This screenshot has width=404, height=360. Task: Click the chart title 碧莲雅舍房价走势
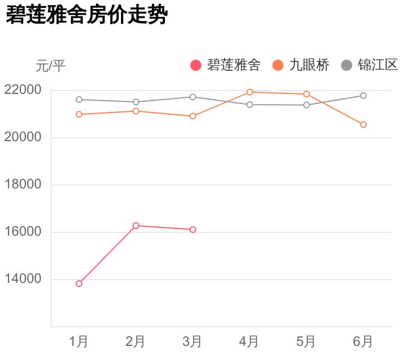[x=87, y=15]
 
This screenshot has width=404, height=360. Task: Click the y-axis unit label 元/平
[x=51, y=66]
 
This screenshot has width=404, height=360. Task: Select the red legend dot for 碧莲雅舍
[x=196, y=66]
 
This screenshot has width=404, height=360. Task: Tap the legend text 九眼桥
[x=309, y=65]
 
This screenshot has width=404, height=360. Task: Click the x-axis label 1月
[x=79, y=341]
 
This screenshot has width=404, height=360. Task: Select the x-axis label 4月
[x=249, y=341]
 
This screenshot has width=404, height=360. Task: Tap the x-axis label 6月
[x=363, y=341]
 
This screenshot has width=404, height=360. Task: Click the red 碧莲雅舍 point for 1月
[x=79, y=283]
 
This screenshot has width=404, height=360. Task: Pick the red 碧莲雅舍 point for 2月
[x=136, y=226]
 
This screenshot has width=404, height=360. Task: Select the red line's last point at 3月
[x=192, y=229]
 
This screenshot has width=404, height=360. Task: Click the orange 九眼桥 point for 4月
[x=249, y=92]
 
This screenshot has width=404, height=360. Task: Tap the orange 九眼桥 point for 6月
[x=363, y=124]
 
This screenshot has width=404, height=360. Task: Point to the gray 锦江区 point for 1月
[x=79, y=100]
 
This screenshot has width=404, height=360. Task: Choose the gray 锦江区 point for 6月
[x=363, y=96]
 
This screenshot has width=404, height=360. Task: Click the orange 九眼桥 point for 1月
[x=79, y=114]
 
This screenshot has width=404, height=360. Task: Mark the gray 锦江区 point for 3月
[x=192, y=97]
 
